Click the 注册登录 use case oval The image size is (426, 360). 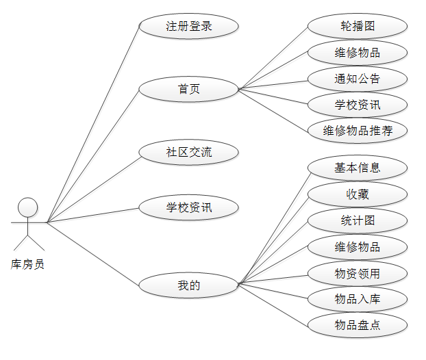[x=188, y=27]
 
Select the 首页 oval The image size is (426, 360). [x=188, y=89]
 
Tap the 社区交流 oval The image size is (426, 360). [x=188, y=152]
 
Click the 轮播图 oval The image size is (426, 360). [x=358, y=27]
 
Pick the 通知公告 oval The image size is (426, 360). [x=358, y=79]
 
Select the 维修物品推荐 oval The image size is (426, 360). [x=358, y=131]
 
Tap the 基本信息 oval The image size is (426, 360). [x=358, y=168]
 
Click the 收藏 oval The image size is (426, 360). [x=358, y=194]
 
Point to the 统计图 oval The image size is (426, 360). [x=358, y=221]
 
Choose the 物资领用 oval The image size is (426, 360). [x=358, y=274]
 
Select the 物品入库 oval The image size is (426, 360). [x=358, y=299]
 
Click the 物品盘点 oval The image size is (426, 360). [x=358, y=325]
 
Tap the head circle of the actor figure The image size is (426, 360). [x=27, y=207]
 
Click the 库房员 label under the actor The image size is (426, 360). [x=28, y=264]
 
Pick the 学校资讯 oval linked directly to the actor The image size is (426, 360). [x=188, y=207]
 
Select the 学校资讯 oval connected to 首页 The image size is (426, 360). [x=358, y=105]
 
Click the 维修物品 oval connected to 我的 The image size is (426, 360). [x=358, y=247]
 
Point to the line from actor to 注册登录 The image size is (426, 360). [x=92, y=125]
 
